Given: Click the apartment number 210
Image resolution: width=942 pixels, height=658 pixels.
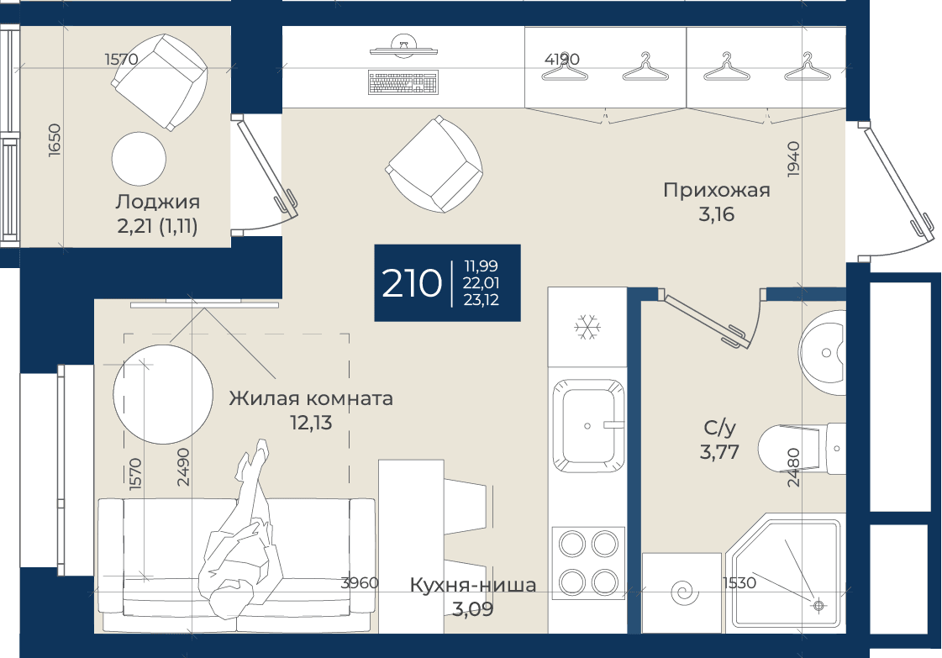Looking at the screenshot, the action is click(412, 284).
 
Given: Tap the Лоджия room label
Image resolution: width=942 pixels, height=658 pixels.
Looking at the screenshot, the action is click(157, 202).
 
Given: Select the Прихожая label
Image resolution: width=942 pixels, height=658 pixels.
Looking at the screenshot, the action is click(717, 190).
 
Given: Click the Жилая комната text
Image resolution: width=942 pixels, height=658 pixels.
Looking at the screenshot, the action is click(311, 397).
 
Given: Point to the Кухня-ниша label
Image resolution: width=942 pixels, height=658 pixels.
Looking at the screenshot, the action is click(473, 585).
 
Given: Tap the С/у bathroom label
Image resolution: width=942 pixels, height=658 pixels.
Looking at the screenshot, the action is click(719, 428).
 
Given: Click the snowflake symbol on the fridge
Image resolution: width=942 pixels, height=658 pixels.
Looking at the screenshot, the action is click(586, 328).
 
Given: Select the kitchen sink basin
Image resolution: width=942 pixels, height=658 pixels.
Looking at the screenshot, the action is click(587, 425).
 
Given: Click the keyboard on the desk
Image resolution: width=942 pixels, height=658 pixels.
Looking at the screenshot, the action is click(403, 83).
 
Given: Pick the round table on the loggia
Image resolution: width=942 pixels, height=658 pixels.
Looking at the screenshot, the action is click(139, 159).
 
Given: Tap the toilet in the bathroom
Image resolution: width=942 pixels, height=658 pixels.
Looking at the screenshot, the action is click(802, 448).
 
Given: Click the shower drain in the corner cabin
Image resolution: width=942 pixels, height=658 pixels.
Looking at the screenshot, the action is click(818, 606).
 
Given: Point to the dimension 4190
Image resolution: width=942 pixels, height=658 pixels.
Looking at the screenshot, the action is click(561, 59).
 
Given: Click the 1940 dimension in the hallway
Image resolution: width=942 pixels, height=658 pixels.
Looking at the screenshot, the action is click(793, 159).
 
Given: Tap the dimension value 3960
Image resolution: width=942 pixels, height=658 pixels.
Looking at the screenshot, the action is click(360, 582).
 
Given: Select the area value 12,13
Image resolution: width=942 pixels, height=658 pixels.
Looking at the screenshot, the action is click(311, 423).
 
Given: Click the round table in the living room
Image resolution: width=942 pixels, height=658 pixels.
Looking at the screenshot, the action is click(163, 393).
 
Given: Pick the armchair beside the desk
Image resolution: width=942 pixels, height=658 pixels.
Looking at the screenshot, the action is click(434, 164).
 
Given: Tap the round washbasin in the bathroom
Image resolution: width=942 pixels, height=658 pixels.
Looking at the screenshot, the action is click(822, 353).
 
